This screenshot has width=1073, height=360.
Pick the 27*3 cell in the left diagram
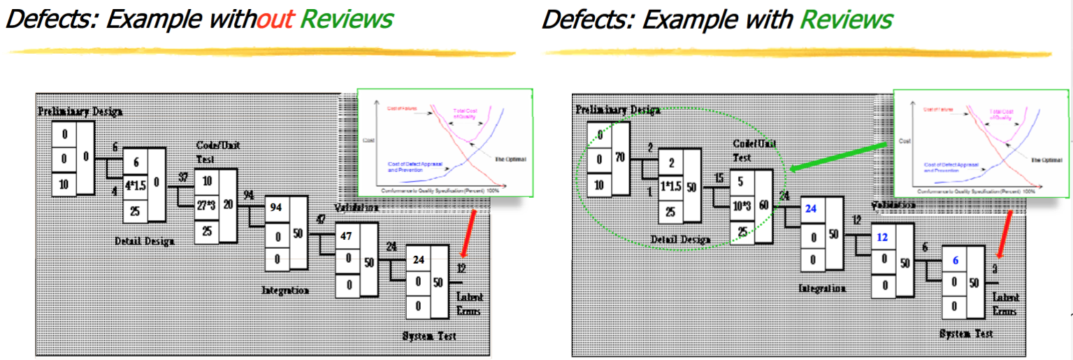pyautogui.click(x=206, y=206)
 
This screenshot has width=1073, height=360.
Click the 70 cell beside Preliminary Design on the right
pyautogui.click(x=619, y=158)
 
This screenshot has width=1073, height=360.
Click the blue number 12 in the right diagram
pyautogui.click(x=882, y=236)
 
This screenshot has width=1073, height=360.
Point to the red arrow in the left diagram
pyautogui.click(x=469, y=233)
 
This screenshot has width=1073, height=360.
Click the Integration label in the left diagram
pyautogui.click(x=285, y=289)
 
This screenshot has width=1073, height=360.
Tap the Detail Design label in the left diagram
pyautogui.click(x=144, y=240)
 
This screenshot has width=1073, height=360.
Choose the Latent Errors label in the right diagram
pyautogui.click(x=1005, y=304)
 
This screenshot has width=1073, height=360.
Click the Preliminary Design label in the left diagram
pyautogui.click(x=80, y=111)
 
